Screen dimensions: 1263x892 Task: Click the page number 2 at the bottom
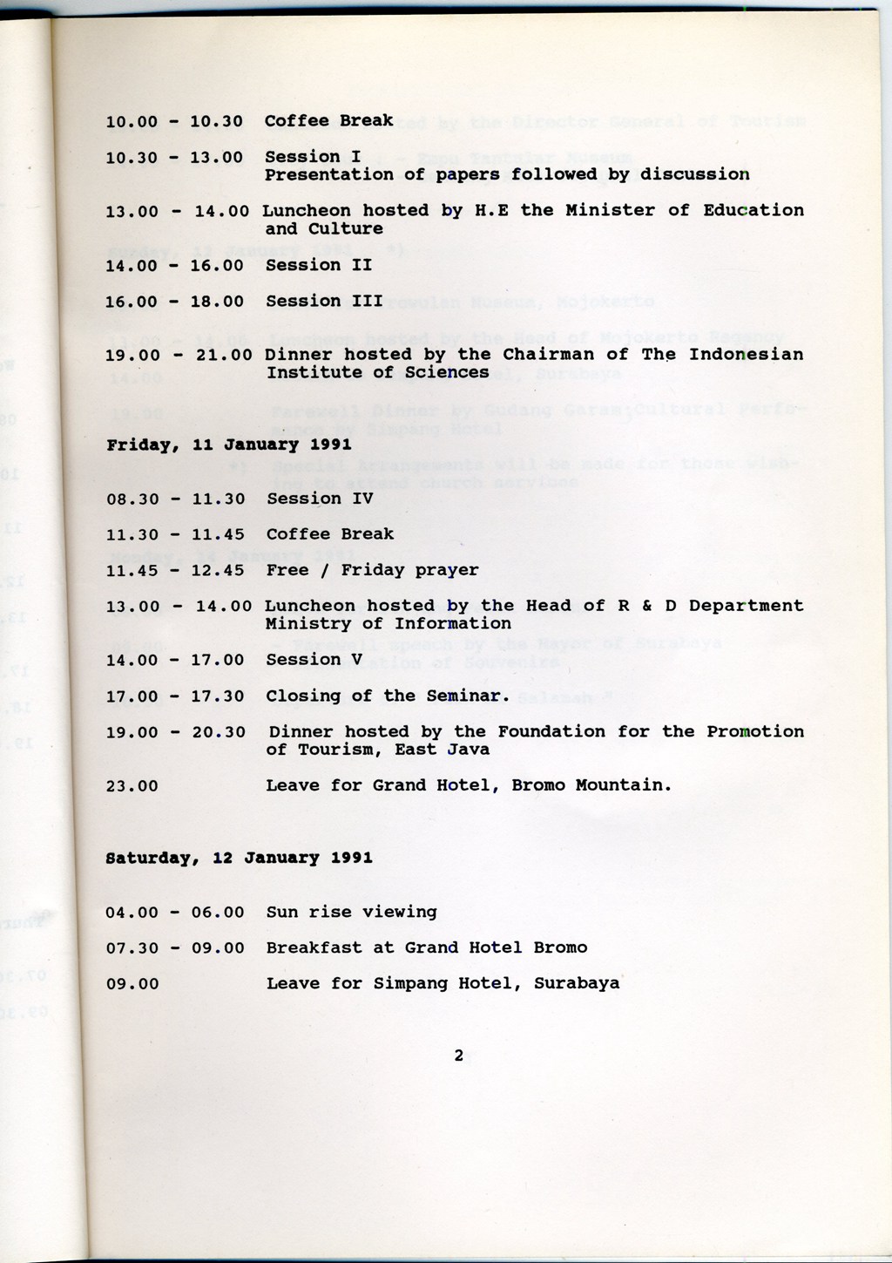pos(458,1056)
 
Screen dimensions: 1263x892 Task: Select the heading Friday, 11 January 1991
pos(229,445)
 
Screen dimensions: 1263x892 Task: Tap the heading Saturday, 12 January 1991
pos(239,858)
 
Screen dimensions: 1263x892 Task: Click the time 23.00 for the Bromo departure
pos(132,786)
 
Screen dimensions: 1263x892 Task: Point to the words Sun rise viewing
pos(352,912)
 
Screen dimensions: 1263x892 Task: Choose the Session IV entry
pos(320,499)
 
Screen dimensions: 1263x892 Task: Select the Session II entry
pos(319,265)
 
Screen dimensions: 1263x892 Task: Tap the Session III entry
pos(324,302)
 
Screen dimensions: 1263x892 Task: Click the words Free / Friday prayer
pos(372,570)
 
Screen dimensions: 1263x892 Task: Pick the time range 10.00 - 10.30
pos(174,121)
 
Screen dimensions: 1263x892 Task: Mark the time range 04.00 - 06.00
pos(175,913)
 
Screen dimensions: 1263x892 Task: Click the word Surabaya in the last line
pos(577,983)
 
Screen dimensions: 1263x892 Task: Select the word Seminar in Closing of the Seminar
pos(470,696)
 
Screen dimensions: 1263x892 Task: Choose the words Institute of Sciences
pos(377,372)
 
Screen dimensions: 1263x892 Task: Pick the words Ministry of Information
pos(388,623)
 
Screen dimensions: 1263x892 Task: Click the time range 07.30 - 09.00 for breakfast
pos(175,948)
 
